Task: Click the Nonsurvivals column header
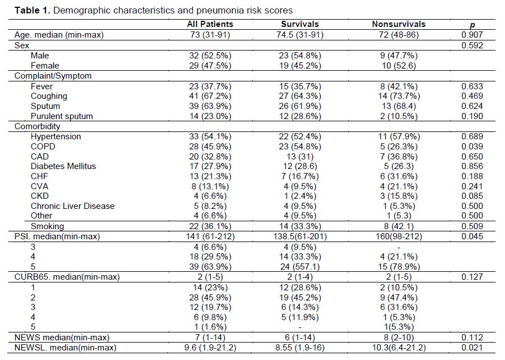398,24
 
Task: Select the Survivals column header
300,24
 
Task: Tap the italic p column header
472,25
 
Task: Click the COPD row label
43,147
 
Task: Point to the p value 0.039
472,147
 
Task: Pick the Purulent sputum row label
62,116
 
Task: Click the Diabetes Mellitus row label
63,166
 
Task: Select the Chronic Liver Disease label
73,206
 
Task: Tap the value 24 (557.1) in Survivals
300,267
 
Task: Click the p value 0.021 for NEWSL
472,348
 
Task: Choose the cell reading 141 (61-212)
210,236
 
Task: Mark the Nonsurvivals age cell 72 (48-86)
399,35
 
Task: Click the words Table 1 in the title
32,10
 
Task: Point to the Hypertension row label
56,136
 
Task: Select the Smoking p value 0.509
472,226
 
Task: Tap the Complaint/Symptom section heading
53,76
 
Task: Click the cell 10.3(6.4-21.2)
399,348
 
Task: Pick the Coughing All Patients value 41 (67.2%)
210,96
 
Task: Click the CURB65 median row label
67,277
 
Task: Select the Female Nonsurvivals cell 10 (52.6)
399,66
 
